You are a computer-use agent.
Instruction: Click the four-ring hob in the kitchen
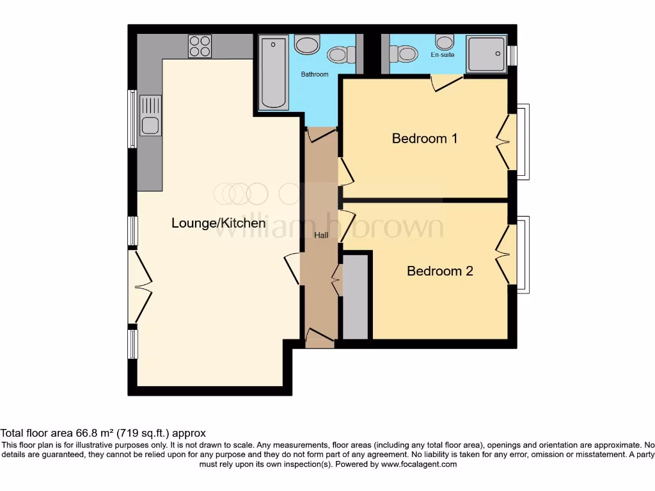pos(200,46)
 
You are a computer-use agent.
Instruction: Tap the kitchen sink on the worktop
pos(150,116)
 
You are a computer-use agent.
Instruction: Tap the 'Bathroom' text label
pos(315,75)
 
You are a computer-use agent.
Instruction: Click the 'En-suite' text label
pos(442,56)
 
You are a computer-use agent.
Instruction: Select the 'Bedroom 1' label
pos(425,138)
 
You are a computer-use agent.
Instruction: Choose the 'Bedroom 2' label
pos(440,271)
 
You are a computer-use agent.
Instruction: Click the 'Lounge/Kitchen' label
pos(218,223)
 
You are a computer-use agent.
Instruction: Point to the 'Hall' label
pos(321,236)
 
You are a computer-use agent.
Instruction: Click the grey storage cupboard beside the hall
pos(356,297)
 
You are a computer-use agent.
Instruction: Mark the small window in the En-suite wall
pos(512,54)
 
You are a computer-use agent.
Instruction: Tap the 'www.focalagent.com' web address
pos(419,464)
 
